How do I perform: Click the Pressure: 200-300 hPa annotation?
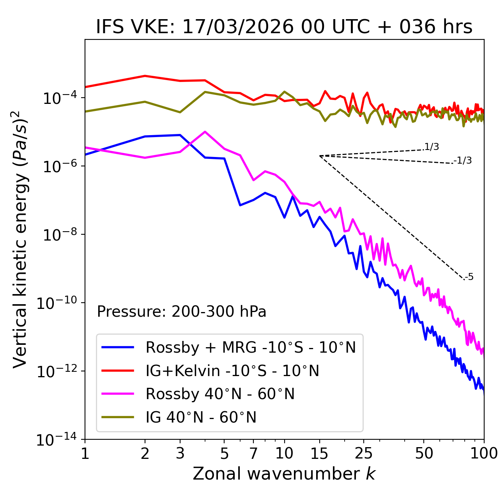click(x=181, y=312)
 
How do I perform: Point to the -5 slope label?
click(x=469, y=277)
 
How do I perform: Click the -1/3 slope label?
click(x=463, y=161)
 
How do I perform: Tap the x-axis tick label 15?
click(x=319, y=453)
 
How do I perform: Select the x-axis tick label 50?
click(x=424, y=453)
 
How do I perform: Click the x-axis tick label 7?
click(x=253, y=453)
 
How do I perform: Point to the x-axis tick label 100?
click(x=484, y=453)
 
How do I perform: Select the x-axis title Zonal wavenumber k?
click(x=284, y=474)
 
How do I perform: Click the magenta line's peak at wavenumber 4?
click(x=205, y=132)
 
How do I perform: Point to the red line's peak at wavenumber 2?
click(x=145, y=76)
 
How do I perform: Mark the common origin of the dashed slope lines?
click(x=320, y=156)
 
